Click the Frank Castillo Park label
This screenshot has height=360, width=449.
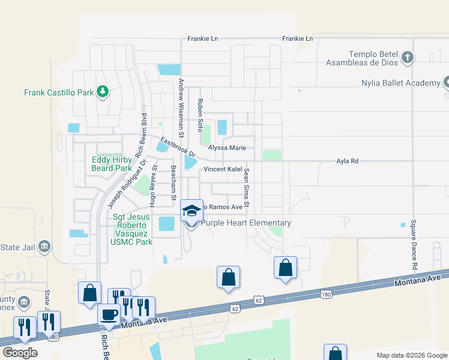[59, 92]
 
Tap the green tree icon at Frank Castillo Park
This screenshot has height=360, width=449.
[103, 91]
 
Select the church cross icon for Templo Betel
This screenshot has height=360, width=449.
[408, 58]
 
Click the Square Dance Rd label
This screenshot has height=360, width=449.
[414, 244]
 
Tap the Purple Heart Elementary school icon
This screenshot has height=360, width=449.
[191, 211]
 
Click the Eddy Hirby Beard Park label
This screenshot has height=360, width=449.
[111, 164]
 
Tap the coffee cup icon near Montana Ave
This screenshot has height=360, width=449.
[109, 314]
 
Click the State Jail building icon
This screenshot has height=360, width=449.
[43, 246]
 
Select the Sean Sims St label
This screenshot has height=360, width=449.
[246, 189]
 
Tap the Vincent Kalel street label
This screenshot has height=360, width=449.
[222, 169]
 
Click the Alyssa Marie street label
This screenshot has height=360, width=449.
[228, 147]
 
